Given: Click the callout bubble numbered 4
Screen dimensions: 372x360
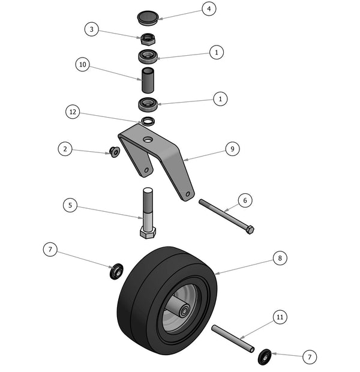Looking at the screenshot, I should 208,9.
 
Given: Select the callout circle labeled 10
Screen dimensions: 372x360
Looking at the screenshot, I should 83,64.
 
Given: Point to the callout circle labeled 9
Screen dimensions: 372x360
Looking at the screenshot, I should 232,149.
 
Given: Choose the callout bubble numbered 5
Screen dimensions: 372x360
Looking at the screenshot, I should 71,205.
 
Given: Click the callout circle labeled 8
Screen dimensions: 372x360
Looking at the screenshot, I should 279,259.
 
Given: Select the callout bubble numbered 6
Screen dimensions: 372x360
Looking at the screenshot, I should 244,200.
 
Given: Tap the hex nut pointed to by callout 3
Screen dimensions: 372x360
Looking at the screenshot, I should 148,40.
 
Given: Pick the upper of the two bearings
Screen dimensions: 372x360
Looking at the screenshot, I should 148,57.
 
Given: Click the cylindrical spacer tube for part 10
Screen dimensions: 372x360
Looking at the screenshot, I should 148,80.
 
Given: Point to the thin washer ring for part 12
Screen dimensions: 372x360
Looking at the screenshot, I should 148,121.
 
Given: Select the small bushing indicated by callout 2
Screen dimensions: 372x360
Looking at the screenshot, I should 114,152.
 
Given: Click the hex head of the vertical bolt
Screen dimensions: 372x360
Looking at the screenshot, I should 148,232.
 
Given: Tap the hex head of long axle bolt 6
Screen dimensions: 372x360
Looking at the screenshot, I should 250,230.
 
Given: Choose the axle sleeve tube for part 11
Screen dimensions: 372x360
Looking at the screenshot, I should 233,338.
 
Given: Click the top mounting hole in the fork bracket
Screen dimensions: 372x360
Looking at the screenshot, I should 148,139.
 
